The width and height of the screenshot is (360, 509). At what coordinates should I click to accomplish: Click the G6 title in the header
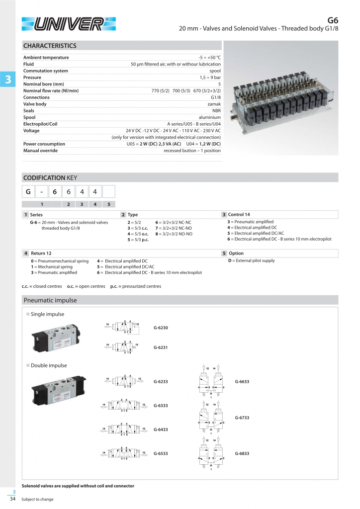pyautogui.click(x=333, y=20)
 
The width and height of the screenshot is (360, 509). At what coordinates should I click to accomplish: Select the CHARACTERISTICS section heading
pyautogui.click(x=50, y=46)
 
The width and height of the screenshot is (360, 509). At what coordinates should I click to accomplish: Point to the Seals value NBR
pyautogui.click(x=216, y=111)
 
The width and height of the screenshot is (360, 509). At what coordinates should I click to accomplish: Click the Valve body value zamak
pyautogui.click(x=214, y=104)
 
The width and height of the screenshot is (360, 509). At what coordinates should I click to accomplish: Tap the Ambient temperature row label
pyautogui.click(x=46, y=57)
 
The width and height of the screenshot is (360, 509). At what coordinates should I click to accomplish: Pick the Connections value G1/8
pyautogui.click(x=215, y=97)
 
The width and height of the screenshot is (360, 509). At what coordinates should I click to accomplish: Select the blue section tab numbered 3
pyautogui.click(x=7, y=80)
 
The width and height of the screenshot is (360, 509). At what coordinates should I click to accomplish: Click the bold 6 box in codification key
pyautogui.click(x=55, y=191)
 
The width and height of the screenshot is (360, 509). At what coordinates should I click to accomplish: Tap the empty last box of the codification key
pyautogui.click(x=108, y=191)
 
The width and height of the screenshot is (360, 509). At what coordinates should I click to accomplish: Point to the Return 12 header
pyautogui.click(x=41, y=253)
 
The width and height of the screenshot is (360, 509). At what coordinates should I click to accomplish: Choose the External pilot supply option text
pyautogui.click(x=251, y=260)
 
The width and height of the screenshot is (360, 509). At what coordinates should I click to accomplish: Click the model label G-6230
pyautogui.click(x=161, y=328)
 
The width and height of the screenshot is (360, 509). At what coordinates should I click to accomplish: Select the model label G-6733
pyautogui.click(x=241, y=418)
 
